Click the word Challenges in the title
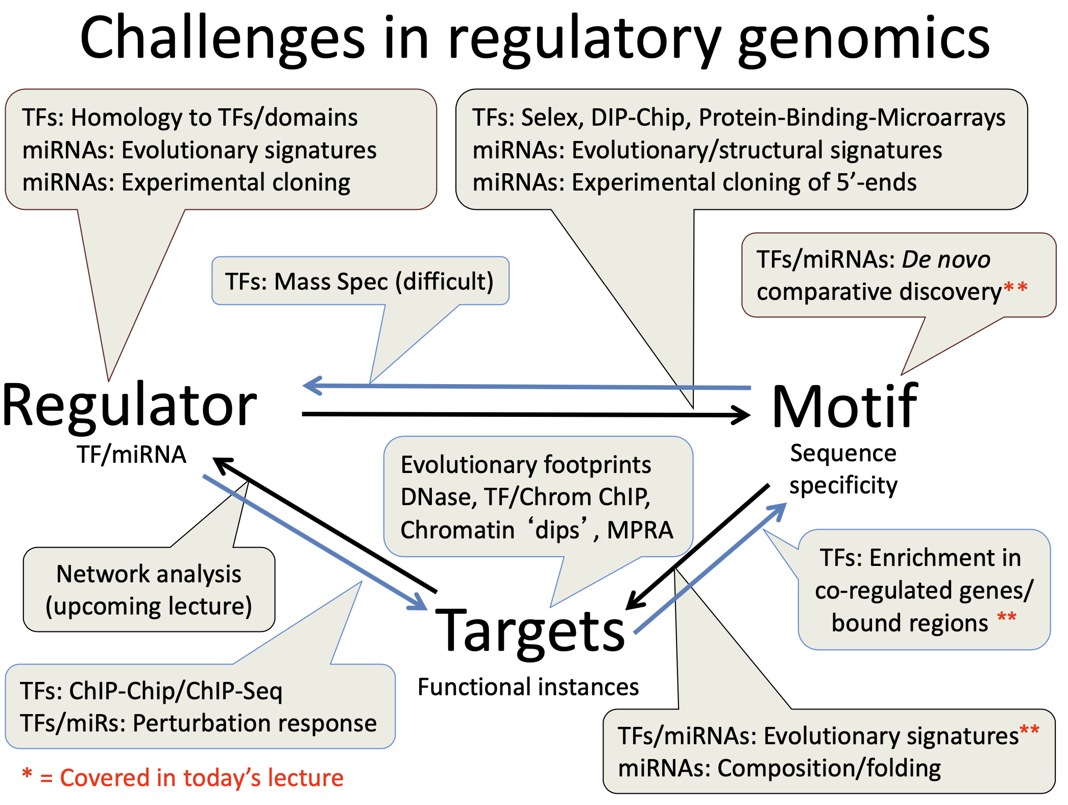click(x=223, y=39)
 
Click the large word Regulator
click(x=130, y=406)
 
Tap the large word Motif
click(x=845, y=407)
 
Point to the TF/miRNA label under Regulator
click(x=131, y=455)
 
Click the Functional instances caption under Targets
click(x=528, y=687)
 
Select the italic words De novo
click(x=946, y=259)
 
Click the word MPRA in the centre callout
click(x=640, y=530)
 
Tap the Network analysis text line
click(x=149, y=574)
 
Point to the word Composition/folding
click(x=829, y=768)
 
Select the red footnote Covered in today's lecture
click(x=201, y=778)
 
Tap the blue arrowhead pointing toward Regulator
click(x=312, y=385)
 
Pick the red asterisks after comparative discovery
click(x=1015, y=288)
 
